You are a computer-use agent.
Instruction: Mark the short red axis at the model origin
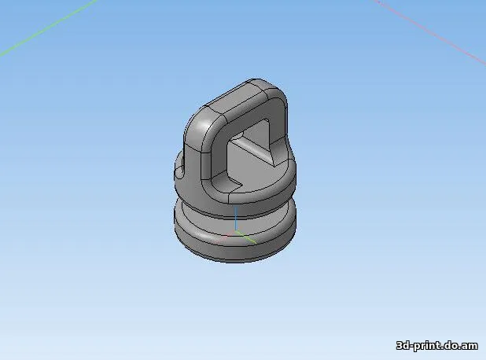(230, 233)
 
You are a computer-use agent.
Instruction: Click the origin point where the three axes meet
(236, 232)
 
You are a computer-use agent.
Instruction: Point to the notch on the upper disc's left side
(179, 167)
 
